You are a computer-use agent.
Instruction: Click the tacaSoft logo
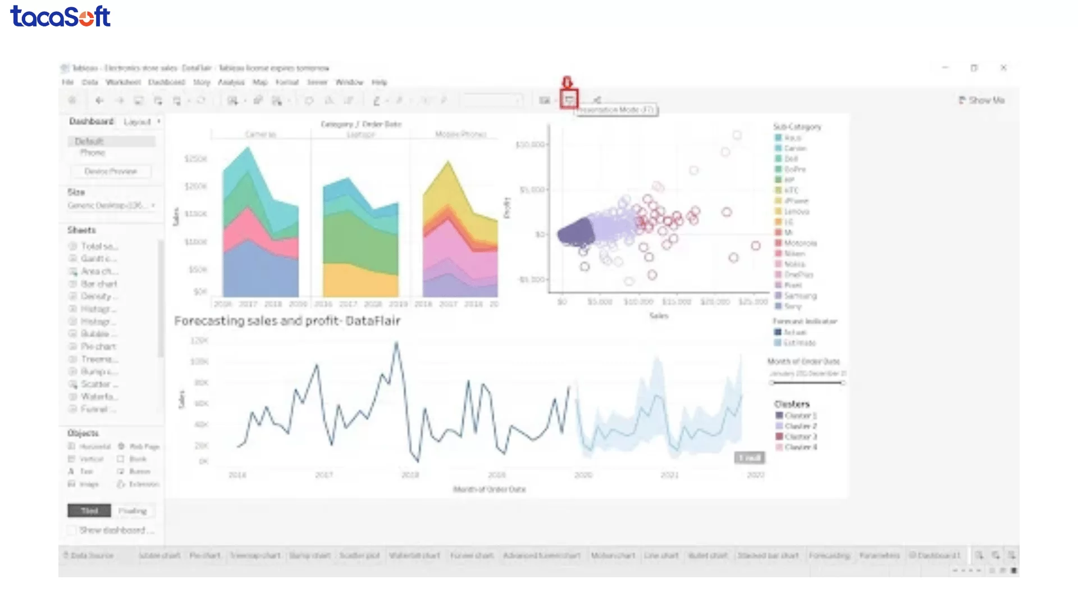[x=61, y=16]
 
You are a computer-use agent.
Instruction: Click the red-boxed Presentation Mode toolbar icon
[x=569, y=100]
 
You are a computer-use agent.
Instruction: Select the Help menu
[x=380, y=82]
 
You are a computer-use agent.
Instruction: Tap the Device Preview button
[x=111, y=171]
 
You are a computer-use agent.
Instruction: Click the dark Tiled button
[x=90, y=510]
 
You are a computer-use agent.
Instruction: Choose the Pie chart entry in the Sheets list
[x=98, y=346]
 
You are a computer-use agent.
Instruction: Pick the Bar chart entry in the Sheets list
[x=99, y=284]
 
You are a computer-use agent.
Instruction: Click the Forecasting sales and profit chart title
[x=287, y=321]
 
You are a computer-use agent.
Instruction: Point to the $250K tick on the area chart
[x=195, y=159]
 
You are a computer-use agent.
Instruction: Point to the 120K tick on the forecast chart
[x=199, y=341]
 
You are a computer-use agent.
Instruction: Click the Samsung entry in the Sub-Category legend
[x=800, y=296]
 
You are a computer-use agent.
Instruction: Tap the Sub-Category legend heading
[x=797, y=126]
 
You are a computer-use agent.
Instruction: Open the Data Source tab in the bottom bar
[x=92, y=555]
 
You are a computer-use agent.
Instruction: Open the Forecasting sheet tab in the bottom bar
[x=829, y=555]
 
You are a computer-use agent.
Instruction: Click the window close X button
[x=1003, y=67]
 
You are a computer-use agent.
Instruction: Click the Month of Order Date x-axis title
[x=489, y=489]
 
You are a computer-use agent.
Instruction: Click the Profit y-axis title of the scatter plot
[x=507, y=208]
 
